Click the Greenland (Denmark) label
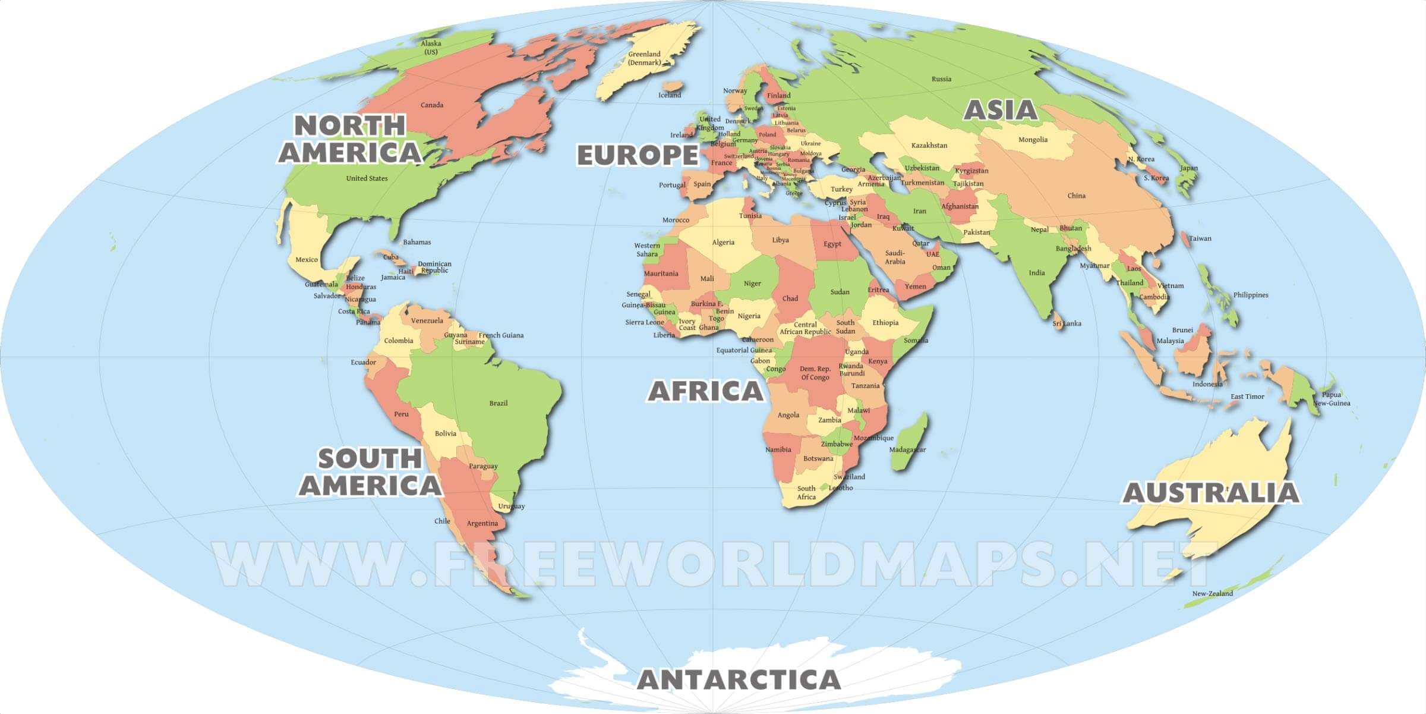(644, 58)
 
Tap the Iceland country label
(670, 95)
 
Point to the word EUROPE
(638, 155)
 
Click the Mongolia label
(1033, 140)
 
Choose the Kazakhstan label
(929, 146)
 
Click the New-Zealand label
(1212, 593)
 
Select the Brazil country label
(498, 403)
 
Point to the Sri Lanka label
(1067, 324)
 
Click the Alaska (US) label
(431, 48)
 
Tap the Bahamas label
(417, 242)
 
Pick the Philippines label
(1250, 295)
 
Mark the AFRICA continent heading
(705, 391)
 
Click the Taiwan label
(1200, 238)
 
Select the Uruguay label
(511, 507)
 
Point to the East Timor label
(1247, 397)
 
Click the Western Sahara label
(647, 250)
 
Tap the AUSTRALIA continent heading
(1210, 493)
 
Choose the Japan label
(1188, 168)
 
